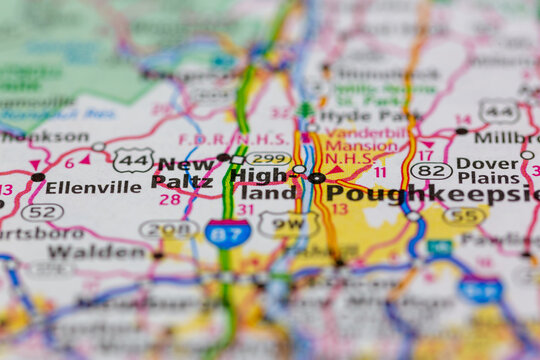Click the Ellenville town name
pyautogui.click(x=94, y=187)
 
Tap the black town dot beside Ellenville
pyautogui.click(x=38, y=177)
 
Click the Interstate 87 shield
pyautogui.click(x=228, y=234)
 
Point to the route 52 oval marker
pyautogui.click(x=42, y=212)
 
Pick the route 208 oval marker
pyautogui.click(x=168, y=229)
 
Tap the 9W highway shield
pyautogui.click(x=288, y=224)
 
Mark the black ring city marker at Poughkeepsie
pyautogui.click(x=317, y=178)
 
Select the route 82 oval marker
pyautogui.click(x=431, y=171)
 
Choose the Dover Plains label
pyautogui.click(x=489, y=171)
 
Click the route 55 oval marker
pyautogui.click(x=465, y=215)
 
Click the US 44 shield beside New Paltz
pyautogui.click(x=132, y=159)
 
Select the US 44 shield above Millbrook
pyautogui.click(x=498, y=111)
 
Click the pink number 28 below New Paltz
pyautogui.click(x=169, y=200)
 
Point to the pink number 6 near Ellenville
pyautogui.click(x=69, y=163)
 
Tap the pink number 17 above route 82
pyautogui.click(x=425, y=155)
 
